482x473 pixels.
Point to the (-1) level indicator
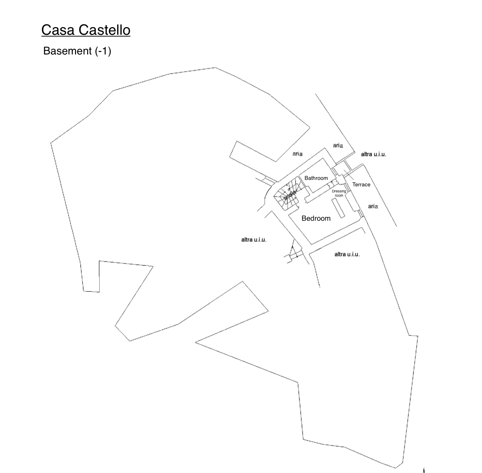click(103, 51)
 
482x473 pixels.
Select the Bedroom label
click(316, 218)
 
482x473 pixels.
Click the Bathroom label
click(316, 178)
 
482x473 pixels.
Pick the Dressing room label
click(339, 193)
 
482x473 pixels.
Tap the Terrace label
click(361, 185)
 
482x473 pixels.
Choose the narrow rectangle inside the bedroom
click(338, 208)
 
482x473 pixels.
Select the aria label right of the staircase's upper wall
click(297, 154)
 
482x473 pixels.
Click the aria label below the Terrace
click(373, 206)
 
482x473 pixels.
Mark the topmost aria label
click(338, 145)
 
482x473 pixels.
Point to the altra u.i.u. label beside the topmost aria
click(373, 154)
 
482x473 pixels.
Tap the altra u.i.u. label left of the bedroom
click(254, 239)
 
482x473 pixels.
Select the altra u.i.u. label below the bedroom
click(347, 254)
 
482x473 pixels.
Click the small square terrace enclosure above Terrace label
click(340, 169)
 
